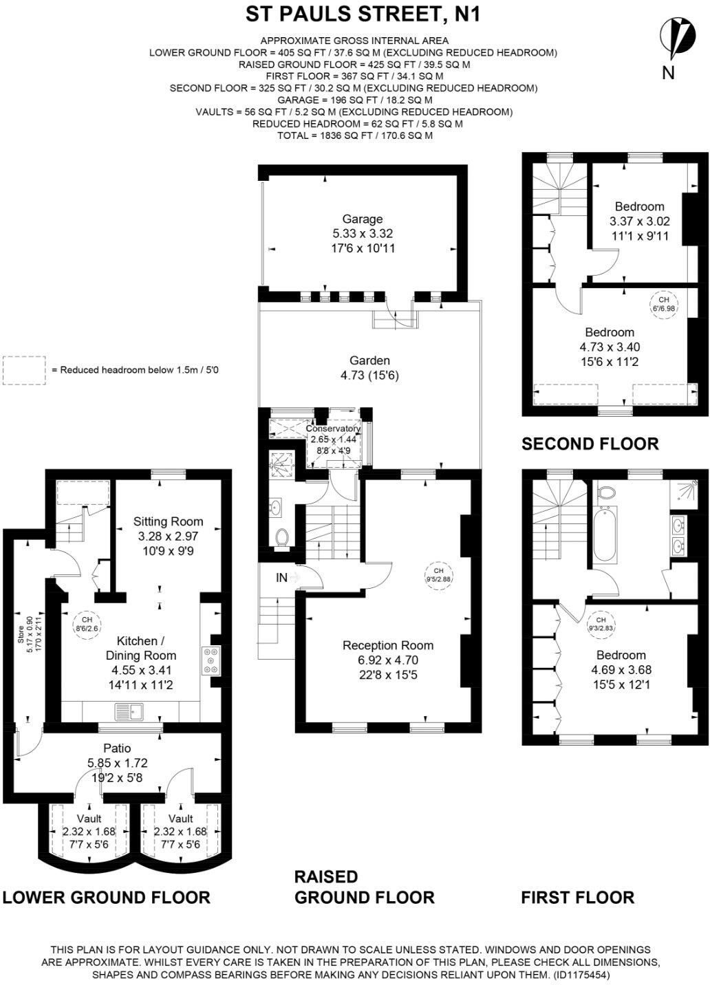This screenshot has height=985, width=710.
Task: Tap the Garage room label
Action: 363,219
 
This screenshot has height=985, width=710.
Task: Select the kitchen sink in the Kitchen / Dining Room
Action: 127,711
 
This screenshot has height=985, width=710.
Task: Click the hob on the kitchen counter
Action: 210,660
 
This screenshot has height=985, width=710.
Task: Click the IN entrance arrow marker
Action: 287,578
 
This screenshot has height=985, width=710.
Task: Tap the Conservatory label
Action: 333,429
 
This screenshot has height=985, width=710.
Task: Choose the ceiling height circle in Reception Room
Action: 438,574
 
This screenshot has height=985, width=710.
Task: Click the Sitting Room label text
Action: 168,521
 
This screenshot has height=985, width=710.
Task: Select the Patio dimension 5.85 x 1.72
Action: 117,762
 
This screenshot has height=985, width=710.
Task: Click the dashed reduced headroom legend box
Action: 24,369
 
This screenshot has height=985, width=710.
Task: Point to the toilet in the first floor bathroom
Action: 605,492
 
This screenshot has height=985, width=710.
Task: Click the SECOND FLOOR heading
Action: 590,444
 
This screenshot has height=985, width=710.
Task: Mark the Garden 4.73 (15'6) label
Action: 369,367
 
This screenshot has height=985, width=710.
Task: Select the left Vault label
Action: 89,819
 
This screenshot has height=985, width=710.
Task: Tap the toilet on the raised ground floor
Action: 281,537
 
